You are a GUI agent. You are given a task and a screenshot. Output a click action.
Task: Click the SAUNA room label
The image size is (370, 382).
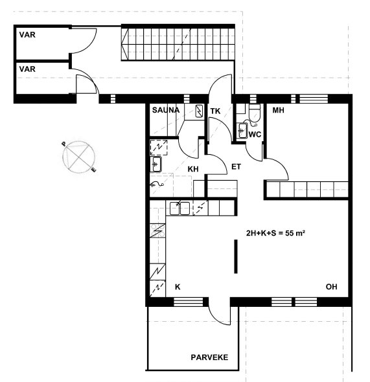pos(166,110)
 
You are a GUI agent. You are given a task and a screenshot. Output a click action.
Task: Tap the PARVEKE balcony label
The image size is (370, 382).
pos(209,357)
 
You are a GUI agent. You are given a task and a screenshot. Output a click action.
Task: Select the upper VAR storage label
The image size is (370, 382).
pos(27,35)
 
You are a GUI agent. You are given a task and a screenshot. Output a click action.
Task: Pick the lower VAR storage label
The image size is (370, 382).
pos(27,69)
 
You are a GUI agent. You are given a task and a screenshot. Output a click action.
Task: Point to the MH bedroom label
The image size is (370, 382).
pos(279,110)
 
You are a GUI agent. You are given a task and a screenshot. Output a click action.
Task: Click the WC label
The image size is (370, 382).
pos(255,135)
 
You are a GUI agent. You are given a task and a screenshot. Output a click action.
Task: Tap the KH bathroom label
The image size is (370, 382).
pos(193,169)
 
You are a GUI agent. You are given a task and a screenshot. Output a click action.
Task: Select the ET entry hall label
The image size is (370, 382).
pos(236,167)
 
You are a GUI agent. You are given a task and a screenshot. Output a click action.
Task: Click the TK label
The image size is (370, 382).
pos(216,111)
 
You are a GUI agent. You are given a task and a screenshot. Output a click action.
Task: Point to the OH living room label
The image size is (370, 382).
pos(332,287)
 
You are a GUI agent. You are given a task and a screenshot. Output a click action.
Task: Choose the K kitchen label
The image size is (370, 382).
pos(178,287)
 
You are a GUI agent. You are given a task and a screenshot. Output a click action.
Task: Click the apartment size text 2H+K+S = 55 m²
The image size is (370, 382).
pos(275,233)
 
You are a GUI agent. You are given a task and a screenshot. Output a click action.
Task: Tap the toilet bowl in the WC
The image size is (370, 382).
pos(255,113)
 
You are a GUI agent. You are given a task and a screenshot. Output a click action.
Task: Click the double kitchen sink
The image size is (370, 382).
pos(179,208)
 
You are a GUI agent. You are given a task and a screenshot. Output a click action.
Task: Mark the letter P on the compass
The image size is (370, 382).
pos(64,144)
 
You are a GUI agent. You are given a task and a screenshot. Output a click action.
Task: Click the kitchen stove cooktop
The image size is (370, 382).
pos(157,230)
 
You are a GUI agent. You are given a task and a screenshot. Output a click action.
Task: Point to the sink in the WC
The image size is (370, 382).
pos(242,131)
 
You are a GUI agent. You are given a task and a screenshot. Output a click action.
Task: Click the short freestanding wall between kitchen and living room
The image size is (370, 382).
pos(236,256)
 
